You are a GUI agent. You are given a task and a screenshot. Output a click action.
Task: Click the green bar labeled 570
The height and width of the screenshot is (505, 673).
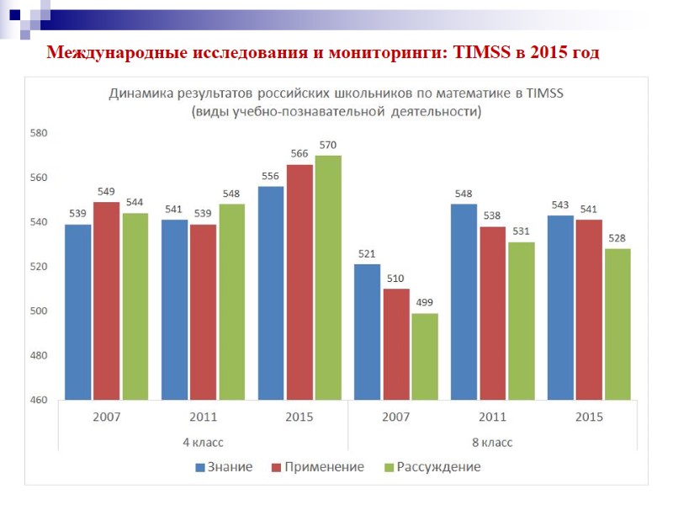pos(328,278)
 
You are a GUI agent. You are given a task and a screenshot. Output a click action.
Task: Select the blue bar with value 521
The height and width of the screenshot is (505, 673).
pos(368,332)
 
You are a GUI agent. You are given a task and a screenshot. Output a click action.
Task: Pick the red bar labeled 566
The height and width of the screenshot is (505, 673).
pos(299,282)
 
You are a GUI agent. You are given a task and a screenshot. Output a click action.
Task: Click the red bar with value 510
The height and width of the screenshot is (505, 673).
pos(396,344)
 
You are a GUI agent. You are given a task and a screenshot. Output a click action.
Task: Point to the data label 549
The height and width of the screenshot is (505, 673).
pos(106,192)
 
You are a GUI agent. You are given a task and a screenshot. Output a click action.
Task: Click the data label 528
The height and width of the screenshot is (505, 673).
pos(617,239)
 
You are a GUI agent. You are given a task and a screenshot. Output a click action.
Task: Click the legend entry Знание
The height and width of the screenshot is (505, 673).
pos(224,467)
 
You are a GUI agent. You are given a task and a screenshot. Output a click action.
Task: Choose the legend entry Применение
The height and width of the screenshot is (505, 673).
pos(317,467)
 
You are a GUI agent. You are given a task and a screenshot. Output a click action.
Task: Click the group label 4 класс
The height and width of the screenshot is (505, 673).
pos(203,441)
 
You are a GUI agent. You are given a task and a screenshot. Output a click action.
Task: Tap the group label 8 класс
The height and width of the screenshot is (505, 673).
pos(492,441)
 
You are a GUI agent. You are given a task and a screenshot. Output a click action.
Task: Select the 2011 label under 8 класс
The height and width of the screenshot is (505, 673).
pos(492,417)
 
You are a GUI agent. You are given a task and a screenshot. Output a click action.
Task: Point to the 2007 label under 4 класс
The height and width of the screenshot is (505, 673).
pos(106,417)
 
